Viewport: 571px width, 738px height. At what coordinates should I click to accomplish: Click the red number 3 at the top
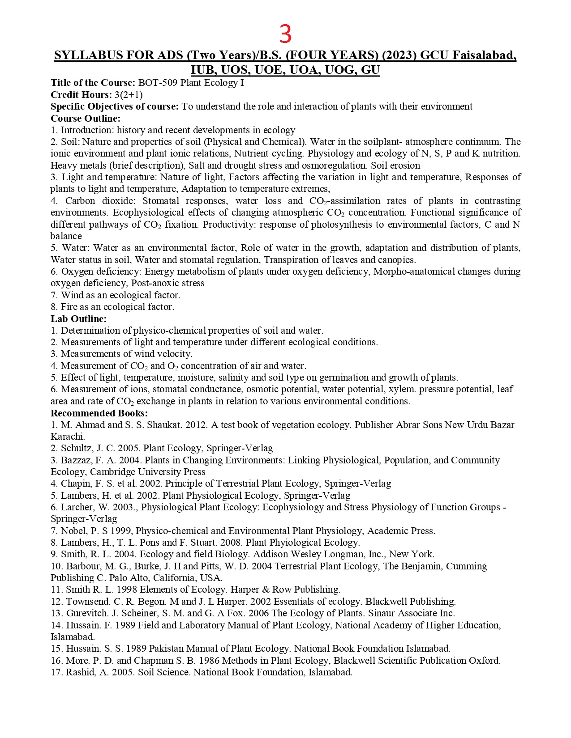pyautogui.click(x=285, y=34)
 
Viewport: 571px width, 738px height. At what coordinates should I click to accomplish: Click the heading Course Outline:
pyautogui.click(x=86, y=119)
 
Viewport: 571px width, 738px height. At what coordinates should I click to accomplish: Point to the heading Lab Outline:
pyautogui.click(x=78, y=319)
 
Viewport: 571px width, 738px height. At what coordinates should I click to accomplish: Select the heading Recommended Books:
pyautogui.click(x=99, y=413)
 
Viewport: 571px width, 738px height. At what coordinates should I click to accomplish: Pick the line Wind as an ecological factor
pyautogui.click(x=120, y=295)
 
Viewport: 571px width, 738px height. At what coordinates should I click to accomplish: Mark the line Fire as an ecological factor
pyautogui.click(x=117, y=307)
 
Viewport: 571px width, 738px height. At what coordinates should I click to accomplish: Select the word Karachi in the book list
pyautogui.click(x=67, y=437)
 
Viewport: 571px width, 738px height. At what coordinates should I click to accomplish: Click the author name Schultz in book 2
pyautogui.click(x=75, y=449)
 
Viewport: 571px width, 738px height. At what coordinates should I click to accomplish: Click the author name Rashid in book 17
pyautogui.click(x=78, y=673)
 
